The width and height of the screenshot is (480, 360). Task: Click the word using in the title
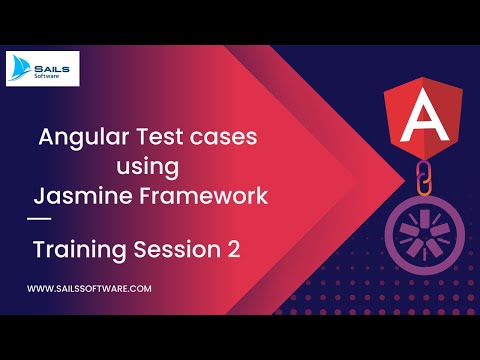click(x=152, y=166)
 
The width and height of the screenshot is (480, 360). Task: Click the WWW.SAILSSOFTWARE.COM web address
click(x=89, y=288)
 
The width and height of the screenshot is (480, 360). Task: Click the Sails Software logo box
click(x=48, y=69)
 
